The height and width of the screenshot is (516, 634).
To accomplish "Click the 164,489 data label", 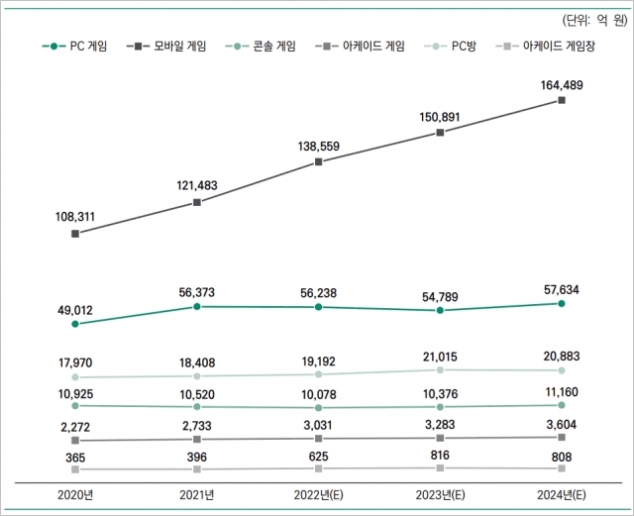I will pos(562,85).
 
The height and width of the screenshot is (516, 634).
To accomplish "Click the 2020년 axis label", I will pos(75,494).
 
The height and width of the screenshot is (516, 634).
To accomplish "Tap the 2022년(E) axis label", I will pos(318,494).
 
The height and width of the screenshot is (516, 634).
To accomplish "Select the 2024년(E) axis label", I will pos(561,494).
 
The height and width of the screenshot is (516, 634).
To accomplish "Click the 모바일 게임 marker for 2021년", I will pos(197,202).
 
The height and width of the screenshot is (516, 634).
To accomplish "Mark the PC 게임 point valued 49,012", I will pos(75,324).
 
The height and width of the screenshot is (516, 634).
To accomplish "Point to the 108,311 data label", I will pos(75,213).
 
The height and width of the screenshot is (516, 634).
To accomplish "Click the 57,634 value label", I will pos(562,288).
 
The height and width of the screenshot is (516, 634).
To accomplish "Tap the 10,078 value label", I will pos(318,392).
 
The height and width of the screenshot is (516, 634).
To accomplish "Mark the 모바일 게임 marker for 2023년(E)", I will pos(440,132).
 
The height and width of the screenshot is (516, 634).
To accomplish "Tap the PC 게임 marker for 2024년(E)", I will pos(562,304).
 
